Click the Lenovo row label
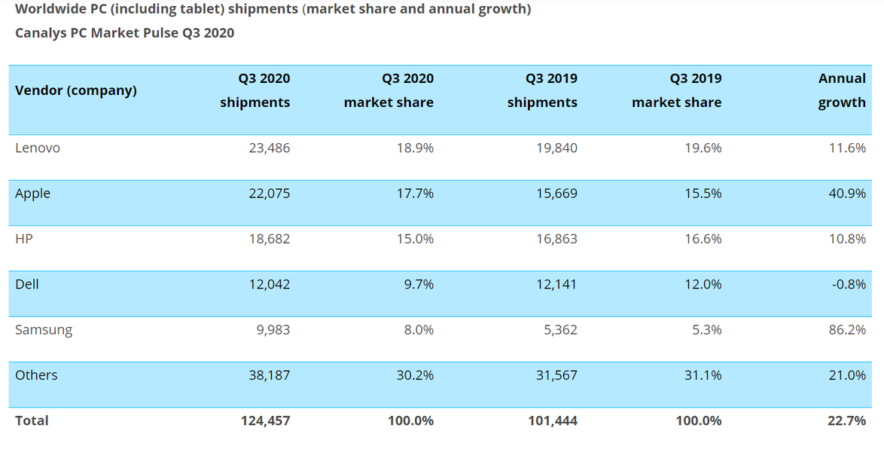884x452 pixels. pos(38,148)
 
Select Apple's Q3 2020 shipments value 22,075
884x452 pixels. pos(269,194)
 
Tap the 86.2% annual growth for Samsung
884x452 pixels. pos(846,330)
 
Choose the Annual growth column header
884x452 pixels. pos(842,90)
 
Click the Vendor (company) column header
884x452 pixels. pos(76,90)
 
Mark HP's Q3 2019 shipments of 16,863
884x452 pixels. pos(556,239)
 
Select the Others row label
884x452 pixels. pos(36,375)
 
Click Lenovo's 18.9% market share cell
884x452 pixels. pos(415,148)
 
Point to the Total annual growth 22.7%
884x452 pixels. pos(846,421)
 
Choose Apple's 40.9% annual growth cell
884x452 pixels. pos(846,194)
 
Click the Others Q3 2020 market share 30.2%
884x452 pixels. pos(415,375)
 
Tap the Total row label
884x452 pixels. pos(32,421)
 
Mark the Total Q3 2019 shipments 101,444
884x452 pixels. pos(553,421)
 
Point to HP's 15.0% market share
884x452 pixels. pos(415,239)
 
